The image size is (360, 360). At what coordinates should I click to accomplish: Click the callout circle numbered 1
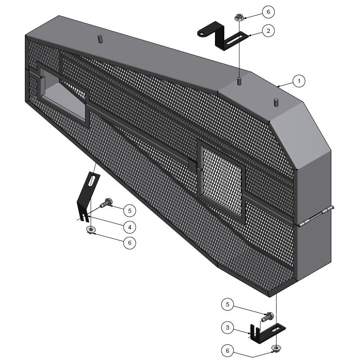[x=298, y=81]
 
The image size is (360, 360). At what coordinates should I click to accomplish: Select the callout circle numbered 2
[x=268, y=30]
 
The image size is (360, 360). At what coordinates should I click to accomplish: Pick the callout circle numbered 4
[x=130, y=227]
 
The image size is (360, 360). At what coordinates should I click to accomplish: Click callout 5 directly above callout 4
[x=130, y=210]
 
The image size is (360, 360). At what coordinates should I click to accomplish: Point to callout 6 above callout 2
[x=268, y=12]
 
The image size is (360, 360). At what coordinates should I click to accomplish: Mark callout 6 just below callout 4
[x=130, y=243]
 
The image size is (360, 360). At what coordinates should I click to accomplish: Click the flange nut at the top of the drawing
[x=239, y=18]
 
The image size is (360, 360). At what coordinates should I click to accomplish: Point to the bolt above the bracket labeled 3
[x=267, y=316]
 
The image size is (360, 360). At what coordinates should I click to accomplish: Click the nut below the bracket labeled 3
[x=276, y=348]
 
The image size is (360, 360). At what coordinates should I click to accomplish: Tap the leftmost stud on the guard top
[x=101, y=39]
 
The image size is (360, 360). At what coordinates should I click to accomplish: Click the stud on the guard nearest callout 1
[x=276, y=102]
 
